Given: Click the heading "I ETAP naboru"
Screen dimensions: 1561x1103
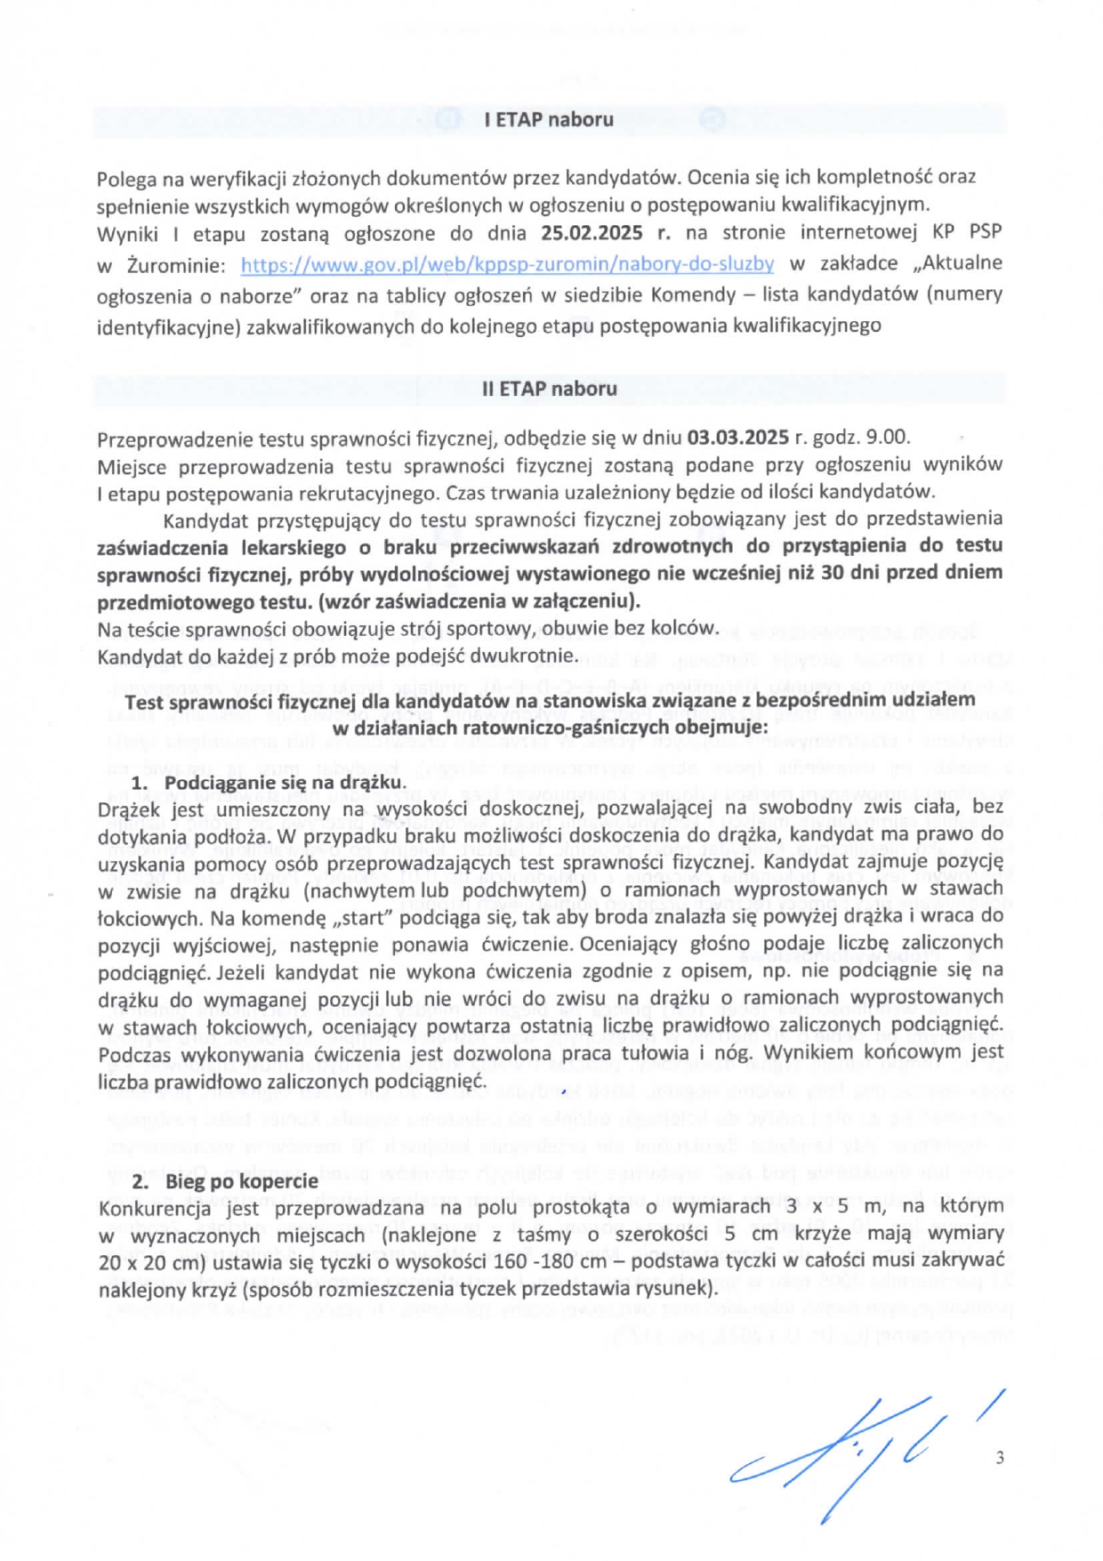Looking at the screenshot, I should point(549,119).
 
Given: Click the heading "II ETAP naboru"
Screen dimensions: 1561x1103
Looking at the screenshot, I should point(549,389).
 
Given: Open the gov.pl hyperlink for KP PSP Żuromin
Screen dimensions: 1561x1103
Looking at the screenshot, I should point(507,264).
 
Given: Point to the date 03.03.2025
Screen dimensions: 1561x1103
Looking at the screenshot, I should point(737,438).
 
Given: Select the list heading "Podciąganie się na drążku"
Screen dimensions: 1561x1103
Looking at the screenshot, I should point(285,783).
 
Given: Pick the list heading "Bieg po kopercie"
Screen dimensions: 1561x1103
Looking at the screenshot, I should point(241,1181).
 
